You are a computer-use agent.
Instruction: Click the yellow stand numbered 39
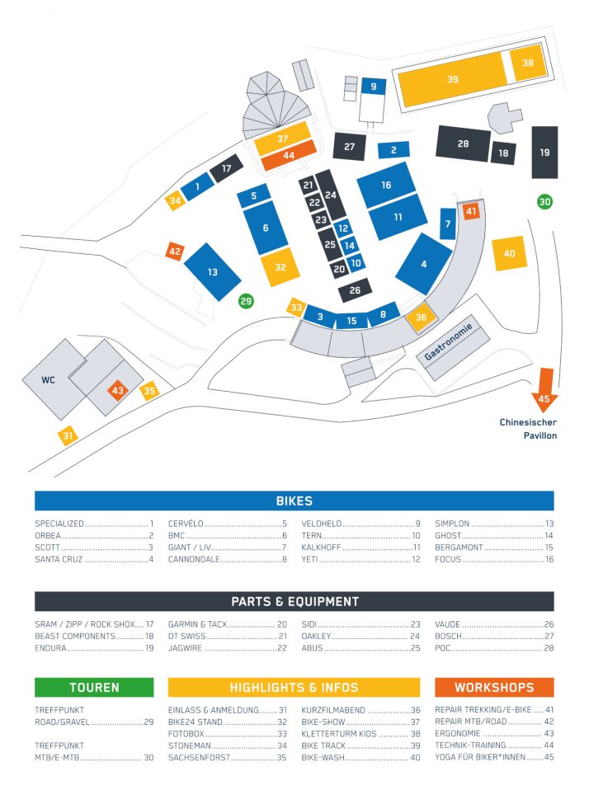point(452,79)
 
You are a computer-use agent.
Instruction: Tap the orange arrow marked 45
point(544,389)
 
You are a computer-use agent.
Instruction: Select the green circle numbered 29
point(246,301)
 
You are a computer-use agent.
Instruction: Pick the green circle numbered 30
point(544,202)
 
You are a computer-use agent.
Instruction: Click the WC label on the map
point(48,379)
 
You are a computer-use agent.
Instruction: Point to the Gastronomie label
point(448,341)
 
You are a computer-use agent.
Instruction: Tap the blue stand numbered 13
point(212,272)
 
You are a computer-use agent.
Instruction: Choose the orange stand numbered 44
point(288,156)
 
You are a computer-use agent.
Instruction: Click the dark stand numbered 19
point(544,152)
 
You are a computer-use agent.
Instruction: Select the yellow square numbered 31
point(68,435)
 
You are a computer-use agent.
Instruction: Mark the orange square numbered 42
point(175,252)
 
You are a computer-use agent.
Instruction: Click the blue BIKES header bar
point(294,501)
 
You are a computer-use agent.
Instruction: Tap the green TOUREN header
point(94,688)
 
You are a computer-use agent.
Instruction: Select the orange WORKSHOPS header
point(494,688)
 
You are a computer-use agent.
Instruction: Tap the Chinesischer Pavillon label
point(528,429)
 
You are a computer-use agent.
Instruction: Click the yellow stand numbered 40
point(509,253)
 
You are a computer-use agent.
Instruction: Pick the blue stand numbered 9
point(374,87)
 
